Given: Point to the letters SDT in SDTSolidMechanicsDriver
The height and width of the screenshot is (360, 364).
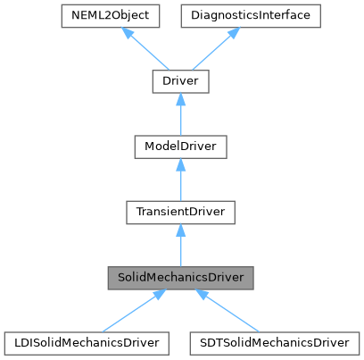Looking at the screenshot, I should coord(208,341).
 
